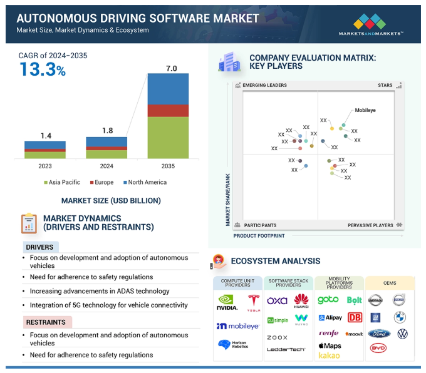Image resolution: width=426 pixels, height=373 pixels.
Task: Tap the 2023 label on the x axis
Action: coord(45,166)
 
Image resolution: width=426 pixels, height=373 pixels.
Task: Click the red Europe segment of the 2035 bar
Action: coord(168,111)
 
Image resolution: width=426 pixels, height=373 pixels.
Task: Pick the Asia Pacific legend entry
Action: coord(62,183)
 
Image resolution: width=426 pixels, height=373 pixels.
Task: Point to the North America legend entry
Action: coord(145,183)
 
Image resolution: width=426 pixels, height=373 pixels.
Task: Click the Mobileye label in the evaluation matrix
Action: coord(365,110)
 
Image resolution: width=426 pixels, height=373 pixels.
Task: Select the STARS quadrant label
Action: coord(385,85)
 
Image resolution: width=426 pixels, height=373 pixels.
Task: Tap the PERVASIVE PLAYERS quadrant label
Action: coord(371,225)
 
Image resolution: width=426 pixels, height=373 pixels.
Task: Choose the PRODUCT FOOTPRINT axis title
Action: coord(259,236)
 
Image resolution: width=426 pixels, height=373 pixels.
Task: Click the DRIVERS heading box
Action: coord(40,247)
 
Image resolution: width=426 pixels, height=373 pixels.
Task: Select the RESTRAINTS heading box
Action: coord(46,322)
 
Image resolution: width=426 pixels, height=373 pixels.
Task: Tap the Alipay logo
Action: coord(330,318)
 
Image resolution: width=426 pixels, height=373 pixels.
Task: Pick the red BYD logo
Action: coord(378,347)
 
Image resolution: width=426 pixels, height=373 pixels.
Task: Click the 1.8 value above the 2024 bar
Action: coord(106,131)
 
